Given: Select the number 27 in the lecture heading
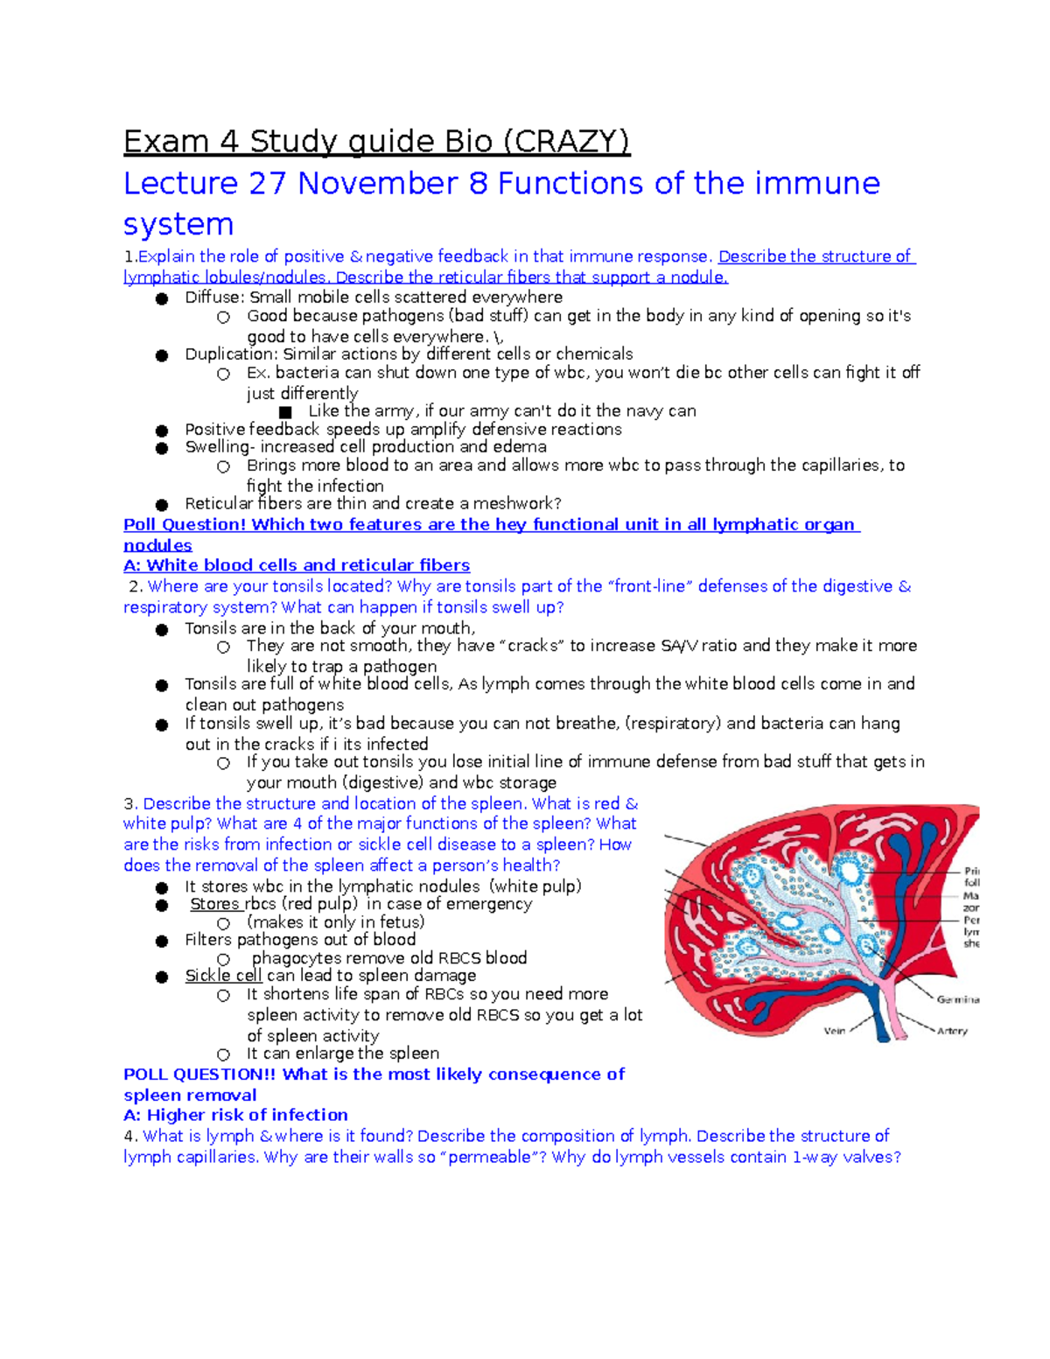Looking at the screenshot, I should click(x=268, y=184).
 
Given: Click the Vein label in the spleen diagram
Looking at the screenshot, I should click(x=834, y=1031).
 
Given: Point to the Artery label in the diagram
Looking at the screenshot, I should click(x=952, y=1031).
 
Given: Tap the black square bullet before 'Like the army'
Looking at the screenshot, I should click(x=284, y=412).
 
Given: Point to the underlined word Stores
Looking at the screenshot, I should click(x=214, y=904).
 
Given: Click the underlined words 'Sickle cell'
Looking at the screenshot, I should click(x=223, y=976).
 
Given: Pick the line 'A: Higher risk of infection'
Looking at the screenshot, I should click(x=235, y=1116).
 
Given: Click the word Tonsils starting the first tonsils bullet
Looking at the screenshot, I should click(x=211, y=628).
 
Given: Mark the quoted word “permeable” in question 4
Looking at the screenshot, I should click(x=489, y=1158).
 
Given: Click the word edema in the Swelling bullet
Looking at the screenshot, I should click(x=520, y=447).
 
